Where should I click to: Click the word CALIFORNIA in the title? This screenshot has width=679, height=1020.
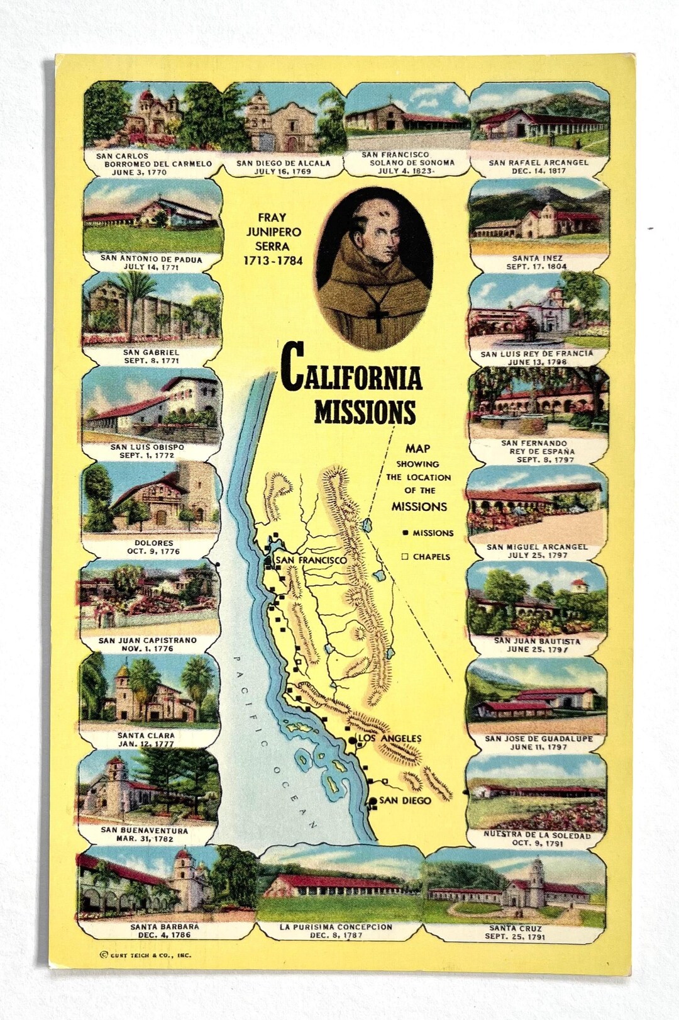click(x=351, y=375)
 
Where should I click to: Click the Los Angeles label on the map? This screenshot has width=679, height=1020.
click(x=389, y=738)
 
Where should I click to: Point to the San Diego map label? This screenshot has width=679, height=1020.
click(x=405, y=800)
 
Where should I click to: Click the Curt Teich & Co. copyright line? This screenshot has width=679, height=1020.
click(x=145, y=955)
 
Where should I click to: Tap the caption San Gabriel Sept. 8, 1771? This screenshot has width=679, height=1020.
click(x=152, y=357)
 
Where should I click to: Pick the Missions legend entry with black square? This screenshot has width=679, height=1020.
click(x=428, y=533)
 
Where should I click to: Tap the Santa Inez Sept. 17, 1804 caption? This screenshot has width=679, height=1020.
click(x=537, y=262)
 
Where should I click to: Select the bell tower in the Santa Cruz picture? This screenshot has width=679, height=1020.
click(x=536, y=878)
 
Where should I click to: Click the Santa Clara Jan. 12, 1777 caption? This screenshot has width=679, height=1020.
click(x=146, y=739)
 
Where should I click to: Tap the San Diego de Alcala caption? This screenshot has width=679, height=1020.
click(x=283, y=167)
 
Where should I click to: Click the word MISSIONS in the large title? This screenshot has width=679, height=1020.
click(x=365, y=412)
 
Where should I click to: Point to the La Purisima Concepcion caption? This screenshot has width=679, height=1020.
click(x=336, y=931)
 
